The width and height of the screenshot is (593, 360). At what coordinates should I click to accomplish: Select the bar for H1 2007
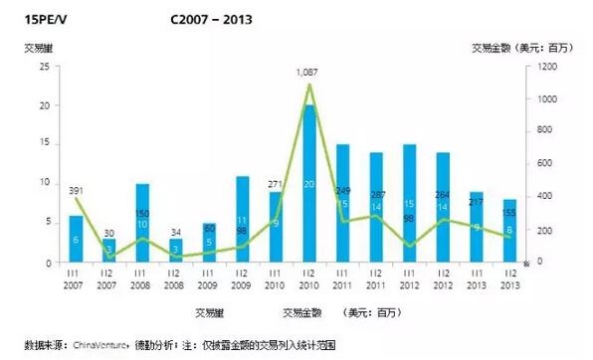point(77,239)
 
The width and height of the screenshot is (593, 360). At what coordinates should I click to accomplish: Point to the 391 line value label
point(76,190)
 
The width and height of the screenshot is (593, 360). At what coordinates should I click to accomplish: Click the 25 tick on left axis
point(44,67)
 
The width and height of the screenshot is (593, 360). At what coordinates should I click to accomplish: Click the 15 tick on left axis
point(44,145)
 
